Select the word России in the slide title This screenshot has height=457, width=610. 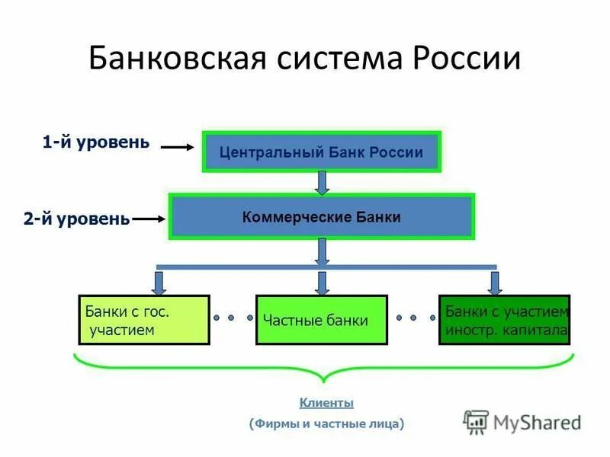[467, 59]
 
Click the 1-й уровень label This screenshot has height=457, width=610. [96, 142]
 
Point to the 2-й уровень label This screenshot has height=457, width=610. [76, 219]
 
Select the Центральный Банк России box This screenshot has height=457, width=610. [321, 152]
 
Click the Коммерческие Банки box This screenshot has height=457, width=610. [321, 216]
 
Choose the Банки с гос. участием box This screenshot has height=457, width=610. [144, 320]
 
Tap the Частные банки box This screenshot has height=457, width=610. [321, 320]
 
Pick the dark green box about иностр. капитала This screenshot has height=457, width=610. [505, 320]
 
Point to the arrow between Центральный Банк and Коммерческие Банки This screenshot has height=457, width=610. [322, 183]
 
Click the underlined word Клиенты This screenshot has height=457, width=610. [326, 403]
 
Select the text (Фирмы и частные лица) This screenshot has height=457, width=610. [326, 423]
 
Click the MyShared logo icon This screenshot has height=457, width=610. [477, 421]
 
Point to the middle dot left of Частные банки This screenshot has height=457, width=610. [233, 318]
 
